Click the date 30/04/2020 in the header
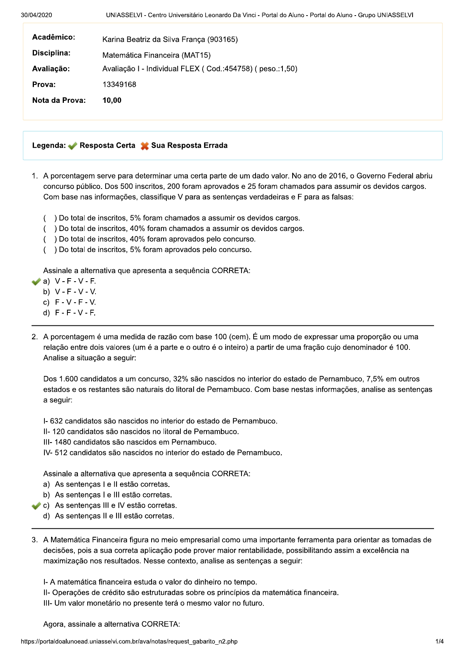[x=36, y=15]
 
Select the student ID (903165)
[x=222, y=39]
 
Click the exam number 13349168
[x=119, y=85]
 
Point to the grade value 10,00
[x=112, y=101]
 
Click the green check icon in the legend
[x=72, y=146]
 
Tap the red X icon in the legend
[x=145, y=146]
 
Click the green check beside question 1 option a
[x=36, y=281]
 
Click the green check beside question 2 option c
[x=36, y=506]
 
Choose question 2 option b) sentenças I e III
[x=113, y=495]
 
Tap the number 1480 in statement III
[x=63, y=442]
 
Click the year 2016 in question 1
[x=337, y=176]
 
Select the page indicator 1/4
[x=439, y=642]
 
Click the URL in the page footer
[x=129, y=642]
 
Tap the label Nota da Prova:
[x=59, y=101]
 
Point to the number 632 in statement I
[x=56, y=421]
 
